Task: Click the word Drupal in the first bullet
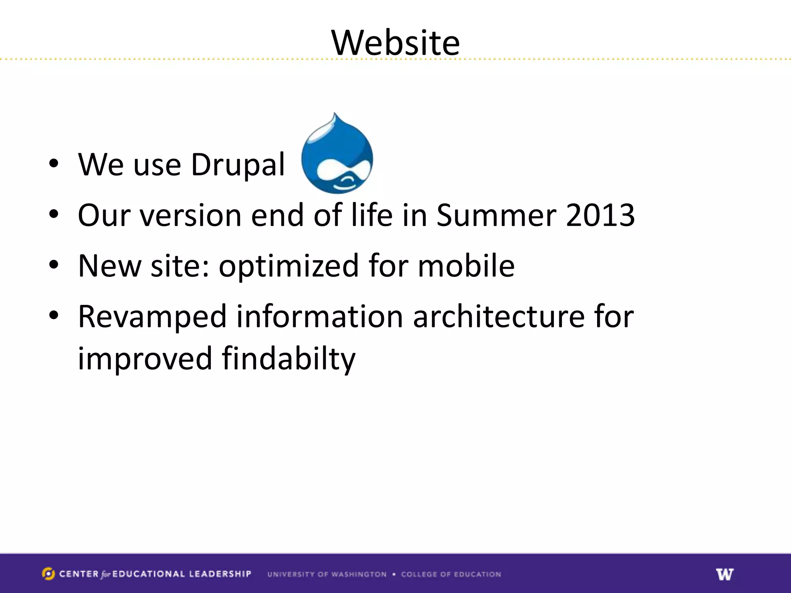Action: click(x=238, y=165)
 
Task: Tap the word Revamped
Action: click(x=152, y=317)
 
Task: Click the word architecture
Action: click(x=499, y=317)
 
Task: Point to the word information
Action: click(x=320, y=317)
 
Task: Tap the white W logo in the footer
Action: click(x=725, y=574)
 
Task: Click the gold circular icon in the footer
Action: click(x=48, y=574)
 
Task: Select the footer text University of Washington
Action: click(x=327, y=574)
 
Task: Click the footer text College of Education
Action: click(x=451, y=574)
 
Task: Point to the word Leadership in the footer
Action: click(x=220, y=574)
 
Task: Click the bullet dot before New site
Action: click(x=54, y=265)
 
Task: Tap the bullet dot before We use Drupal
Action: click(x=54, y=164)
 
